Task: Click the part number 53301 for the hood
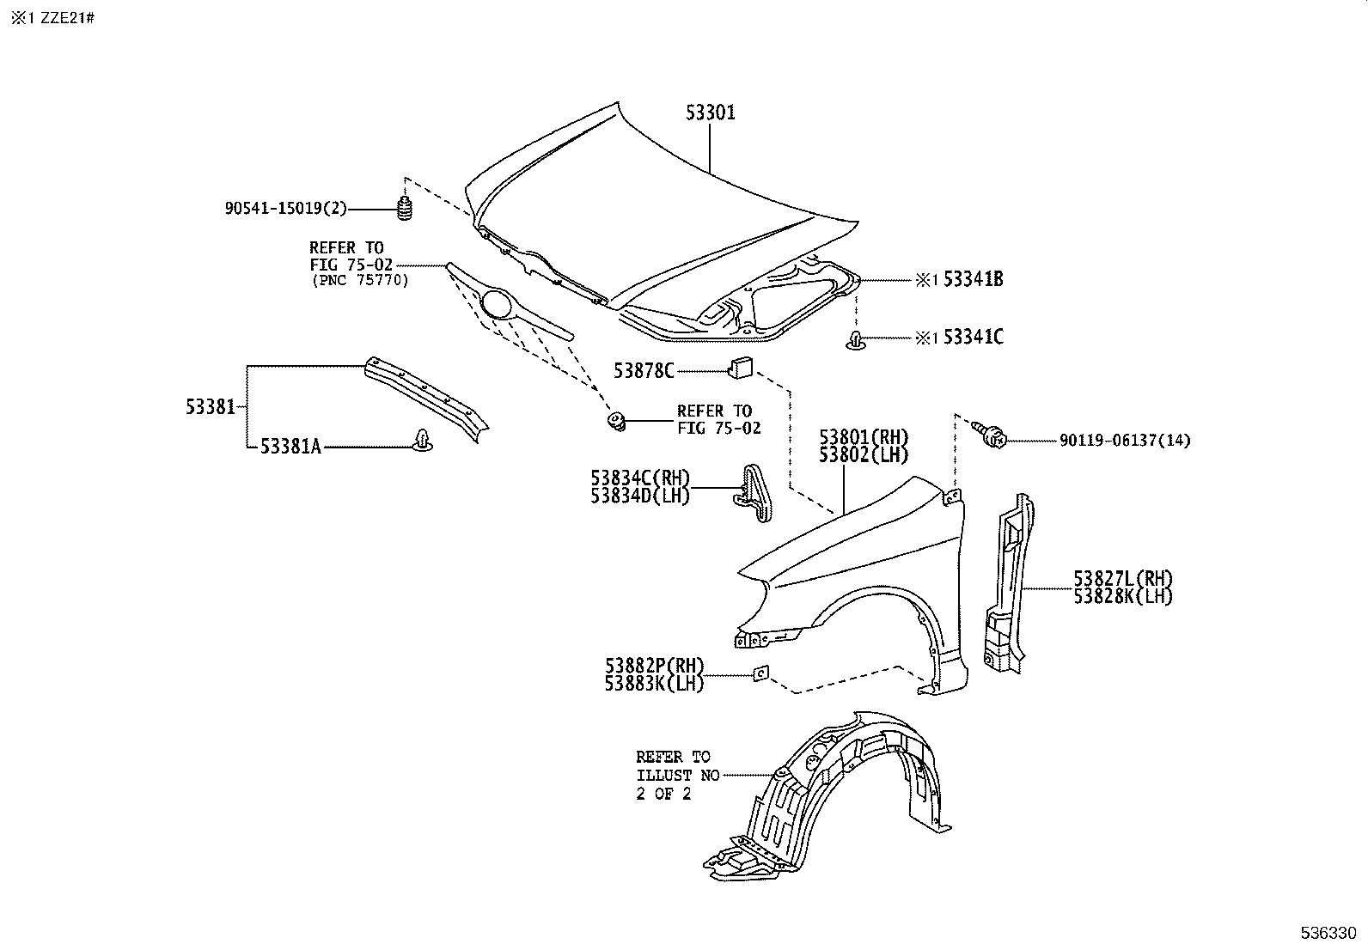click(x=710, y=113)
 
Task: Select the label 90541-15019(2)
click(x=286, y=208)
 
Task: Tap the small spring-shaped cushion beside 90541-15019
click(x=404, y=210)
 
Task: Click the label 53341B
click(x=973, y=279)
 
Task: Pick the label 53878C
click(x=643, y=370)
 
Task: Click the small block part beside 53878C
click(x=741, y=368)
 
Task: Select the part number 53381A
click(x=290, y=446)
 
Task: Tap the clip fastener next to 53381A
click(x=423, y=439)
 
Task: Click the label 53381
click(x=210, y=407)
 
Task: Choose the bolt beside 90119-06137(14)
click(x=991, y=435)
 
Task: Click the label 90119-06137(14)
click(x=1124, y=441)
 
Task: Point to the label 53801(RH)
click(x=863, y=437)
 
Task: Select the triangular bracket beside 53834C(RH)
click(x=754, y=491)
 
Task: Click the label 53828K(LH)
click(x=1122, y=596)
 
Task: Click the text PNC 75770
click(x=359, y=281)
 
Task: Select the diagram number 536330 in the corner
click(x=1327, y=933)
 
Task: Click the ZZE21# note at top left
click(x=65, y=17)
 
